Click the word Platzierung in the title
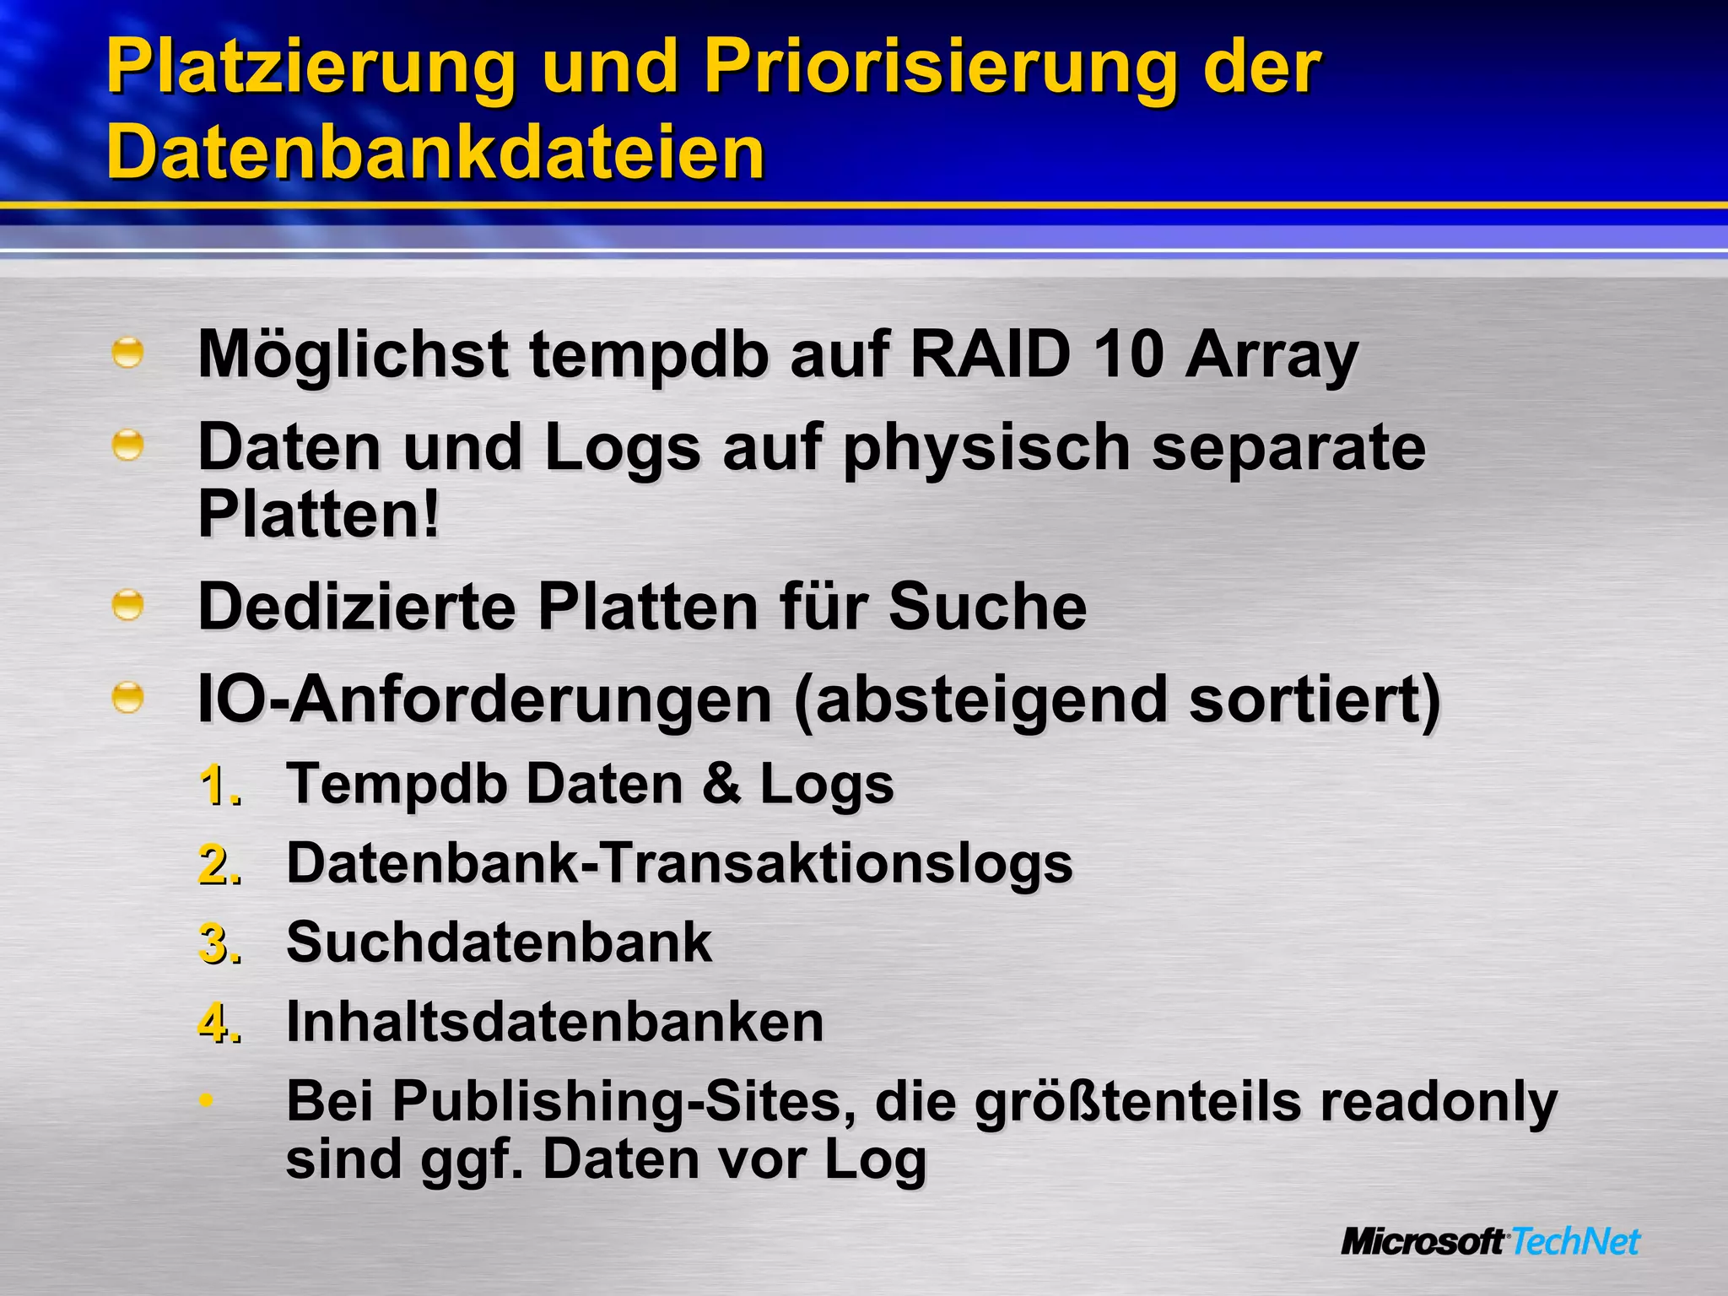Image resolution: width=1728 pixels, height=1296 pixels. coord(310,67)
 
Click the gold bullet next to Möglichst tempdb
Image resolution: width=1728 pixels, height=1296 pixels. coord(127,353)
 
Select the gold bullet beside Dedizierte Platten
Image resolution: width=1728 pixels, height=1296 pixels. coord(127,606)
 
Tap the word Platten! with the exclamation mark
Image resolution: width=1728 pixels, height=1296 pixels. coord(319,514)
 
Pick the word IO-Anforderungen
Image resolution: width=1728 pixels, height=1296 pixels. coord(485,700)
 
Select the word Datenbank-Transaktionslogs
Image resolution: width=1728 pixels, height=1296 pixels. coord(679,864)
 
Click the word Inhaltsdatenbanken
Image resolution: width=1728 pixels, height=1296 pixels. coord(554,1022)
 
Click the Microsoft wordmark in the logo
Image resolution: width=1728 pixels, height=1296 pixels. coord(1423,1242)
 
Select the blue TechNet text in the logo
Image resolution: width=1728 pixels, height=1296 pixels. coord(1574,1242)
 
